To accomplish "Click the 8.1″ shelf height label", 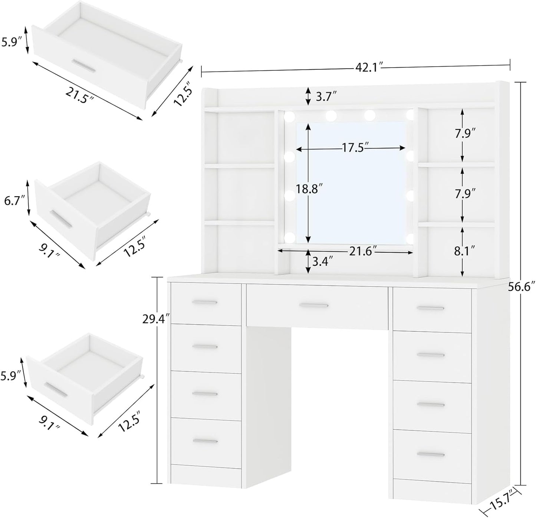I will coord(465,252).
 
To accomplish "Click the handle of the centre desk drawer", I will coord(314,305).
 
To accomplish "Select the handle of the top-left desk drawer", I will coord(204,302).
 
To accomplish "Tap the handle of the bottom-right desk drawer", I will coord(431,455).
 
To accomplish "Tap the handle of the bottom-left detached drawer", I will coord(56,388).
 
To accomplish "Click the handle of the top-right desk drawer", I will coord(430,308).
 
